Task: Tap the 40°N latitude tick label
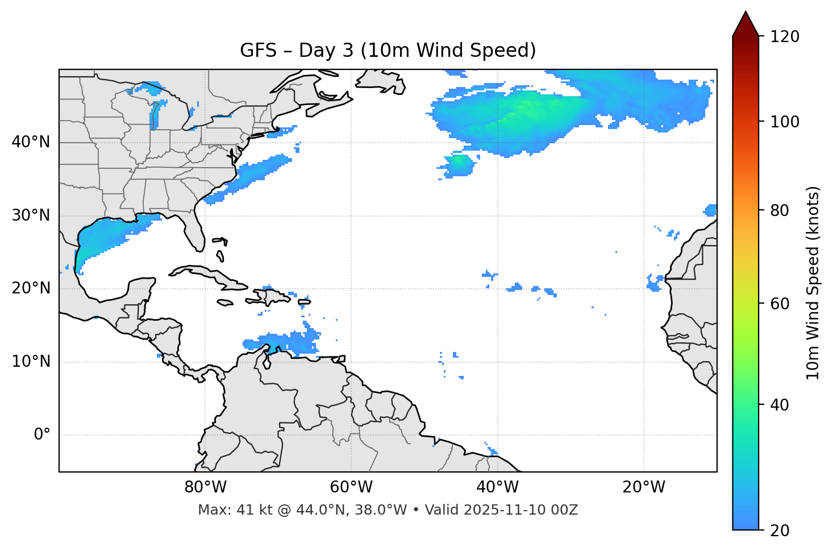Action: click(31, 142)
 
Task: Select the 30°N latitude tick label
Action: click(31, 216)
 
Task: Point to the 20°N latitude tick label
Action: click(31, 288)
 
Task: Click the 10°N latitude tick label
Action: click(31, 362)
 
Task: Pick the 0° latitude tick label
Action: click(42, 434)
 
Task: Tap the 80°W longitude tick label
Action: click(205, 487)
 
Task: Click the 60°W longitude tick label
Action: click(351, 487)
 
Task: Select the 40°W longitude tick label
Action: click(497, 487)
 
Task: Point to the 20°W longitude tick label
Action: click(643, 487)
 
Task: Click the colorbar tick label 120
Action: click(785, 37)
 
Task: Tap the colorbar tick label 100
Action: click(785, 122)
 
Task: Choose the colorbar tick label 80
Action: click(780, 210)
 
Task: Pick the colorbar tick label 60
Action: click(780, 304)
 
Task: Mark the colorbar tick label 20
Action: click(780, 531)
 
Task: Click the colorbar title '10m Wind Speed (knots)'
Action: click(813, 283)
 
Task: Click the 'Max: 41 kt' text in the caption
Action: click(227, 510)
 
